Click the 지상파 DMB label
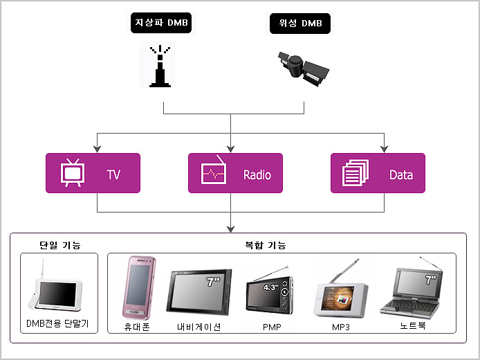point(161,23)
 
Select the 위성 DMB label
point(300,24)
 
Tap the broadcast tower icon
point(160,66)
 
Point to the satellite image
point(303,68)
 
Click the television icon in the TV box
point(73,172)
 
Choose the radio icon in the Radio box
point(214,170)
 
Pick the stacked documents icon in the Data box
point(356,172)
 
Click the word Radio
point(257,174)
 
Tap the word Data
point(401,174)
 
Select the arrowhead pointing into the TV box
point(97,149)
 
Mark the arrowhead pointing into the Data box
point(384,149)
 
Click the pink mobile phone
point(139,288)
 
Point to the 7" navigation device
point(199,291)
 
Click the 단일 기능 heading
point(59,245)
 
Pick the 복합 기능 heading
point(266,245)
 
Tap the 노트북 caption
point(413,325)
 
